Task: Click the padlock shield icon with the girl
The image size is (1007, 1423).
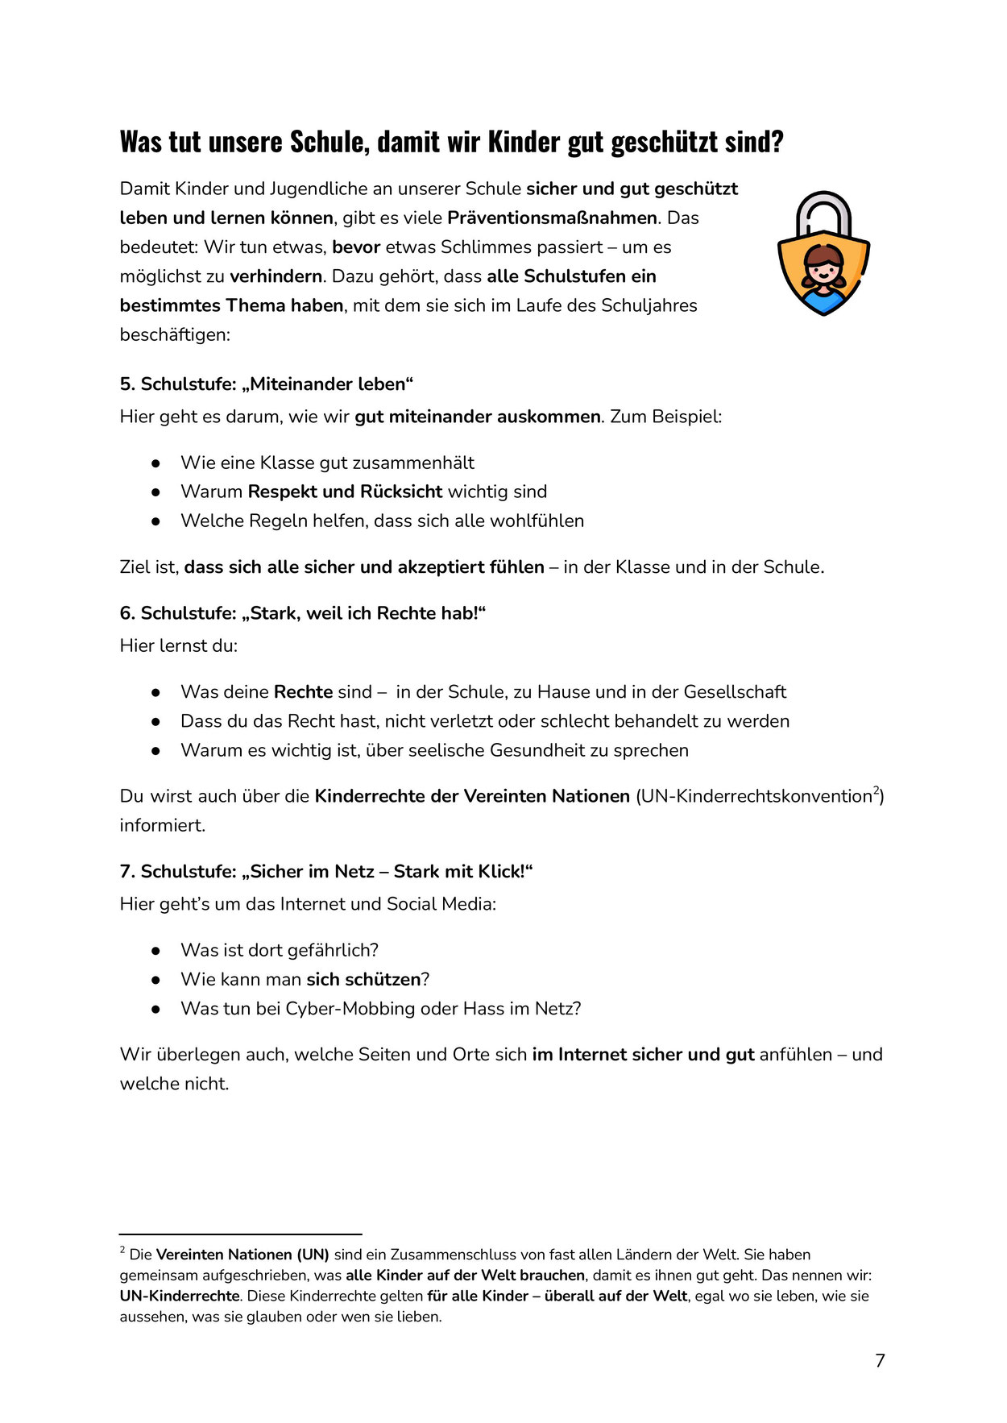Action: [x=823, y=254]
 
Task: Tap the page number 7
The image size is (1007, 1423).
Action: [x=880, y=1361]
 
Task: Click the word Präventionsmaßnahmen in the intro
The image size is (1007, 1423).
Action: [x=552, y=218]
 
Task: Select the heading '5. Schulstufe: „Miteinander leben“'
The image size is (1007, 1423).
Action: [x=266, y=384]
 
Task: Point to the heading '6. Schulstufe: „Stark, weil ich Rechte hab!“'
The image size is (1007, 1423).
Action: [x=303, y=613]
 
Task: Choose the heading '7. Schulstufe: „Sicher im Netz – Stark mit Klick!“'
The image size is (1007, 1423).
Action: [x=326, y=871]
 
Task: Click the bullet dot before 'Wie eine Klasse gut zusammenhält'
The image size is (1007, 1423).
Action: [x=155, y=463]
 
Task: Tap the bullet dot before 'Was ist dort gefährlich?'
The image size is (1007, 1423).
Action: [x=155, y=951]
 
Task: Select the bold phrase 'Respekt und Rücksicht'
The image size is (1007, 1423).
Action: [x=345, y=492]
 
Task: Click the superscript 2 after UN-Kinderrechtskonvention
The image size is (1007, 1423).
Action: [x=876, y=790]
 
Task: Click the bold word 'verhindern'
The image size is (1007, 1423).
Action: [x=276, y=276]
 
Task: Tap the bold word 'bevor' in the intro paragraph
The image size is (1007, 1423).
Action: [x=355, y=247]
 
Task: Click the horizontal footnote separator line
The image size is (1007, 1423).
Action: [x=240, y=1234]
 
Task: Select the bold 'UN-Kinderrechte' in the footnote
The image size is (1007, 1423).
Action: [x=180, y=1296]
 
